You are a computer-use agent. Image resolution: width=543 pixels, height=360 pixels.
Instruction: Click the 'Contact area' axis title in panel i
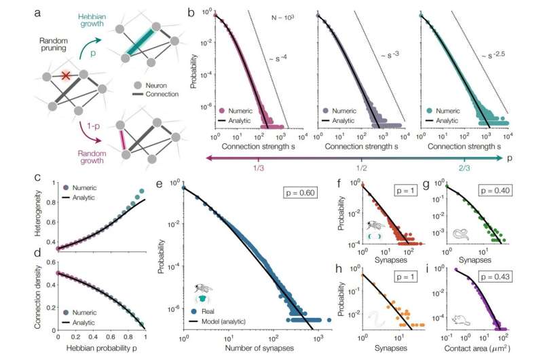pyautogui.click(x=484, y=349)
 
